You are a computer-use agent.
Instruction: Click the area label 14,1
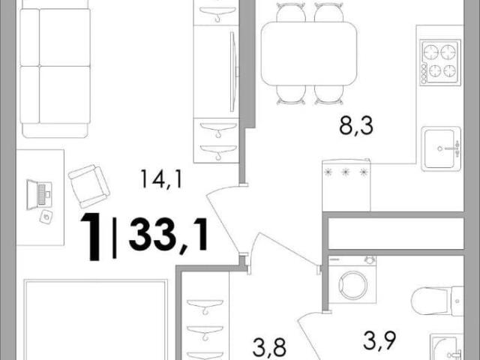coord(162,179)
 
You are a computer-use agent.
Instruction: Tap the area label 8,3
coord(356,126)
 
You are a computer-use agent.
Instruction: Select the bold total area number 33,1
coord(169,234)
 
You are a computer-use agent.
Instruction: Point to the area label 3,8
coord(269,347)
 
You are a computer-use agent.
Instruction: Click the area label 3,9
coord(379,340)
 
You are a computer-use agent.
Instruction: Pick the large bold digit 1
coord(91,237)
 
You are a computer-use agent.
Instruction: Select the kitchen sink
coord(441,148)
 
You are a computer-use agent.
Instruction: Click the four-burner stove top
coord(440,62)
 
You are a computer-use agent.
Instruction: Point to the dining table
coord(309,54)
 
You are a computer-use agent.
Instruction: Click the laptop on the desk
coord(39,194)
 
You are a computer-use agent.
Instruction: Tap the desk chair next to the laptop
coord(88,186)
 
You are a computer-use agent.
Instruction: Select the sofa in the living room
coord(55,73)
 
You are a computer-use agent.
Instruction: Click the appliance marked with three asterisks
coord(346,184)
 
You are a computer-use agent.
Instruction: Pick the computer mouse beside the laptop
coord(46,217)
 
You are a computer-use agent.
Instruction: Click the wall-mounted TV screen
coord(234,72)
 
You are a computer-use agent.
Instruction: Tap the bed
coord(96,319)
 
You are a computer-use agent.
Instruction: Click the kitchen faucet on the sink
coord(452,148)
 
